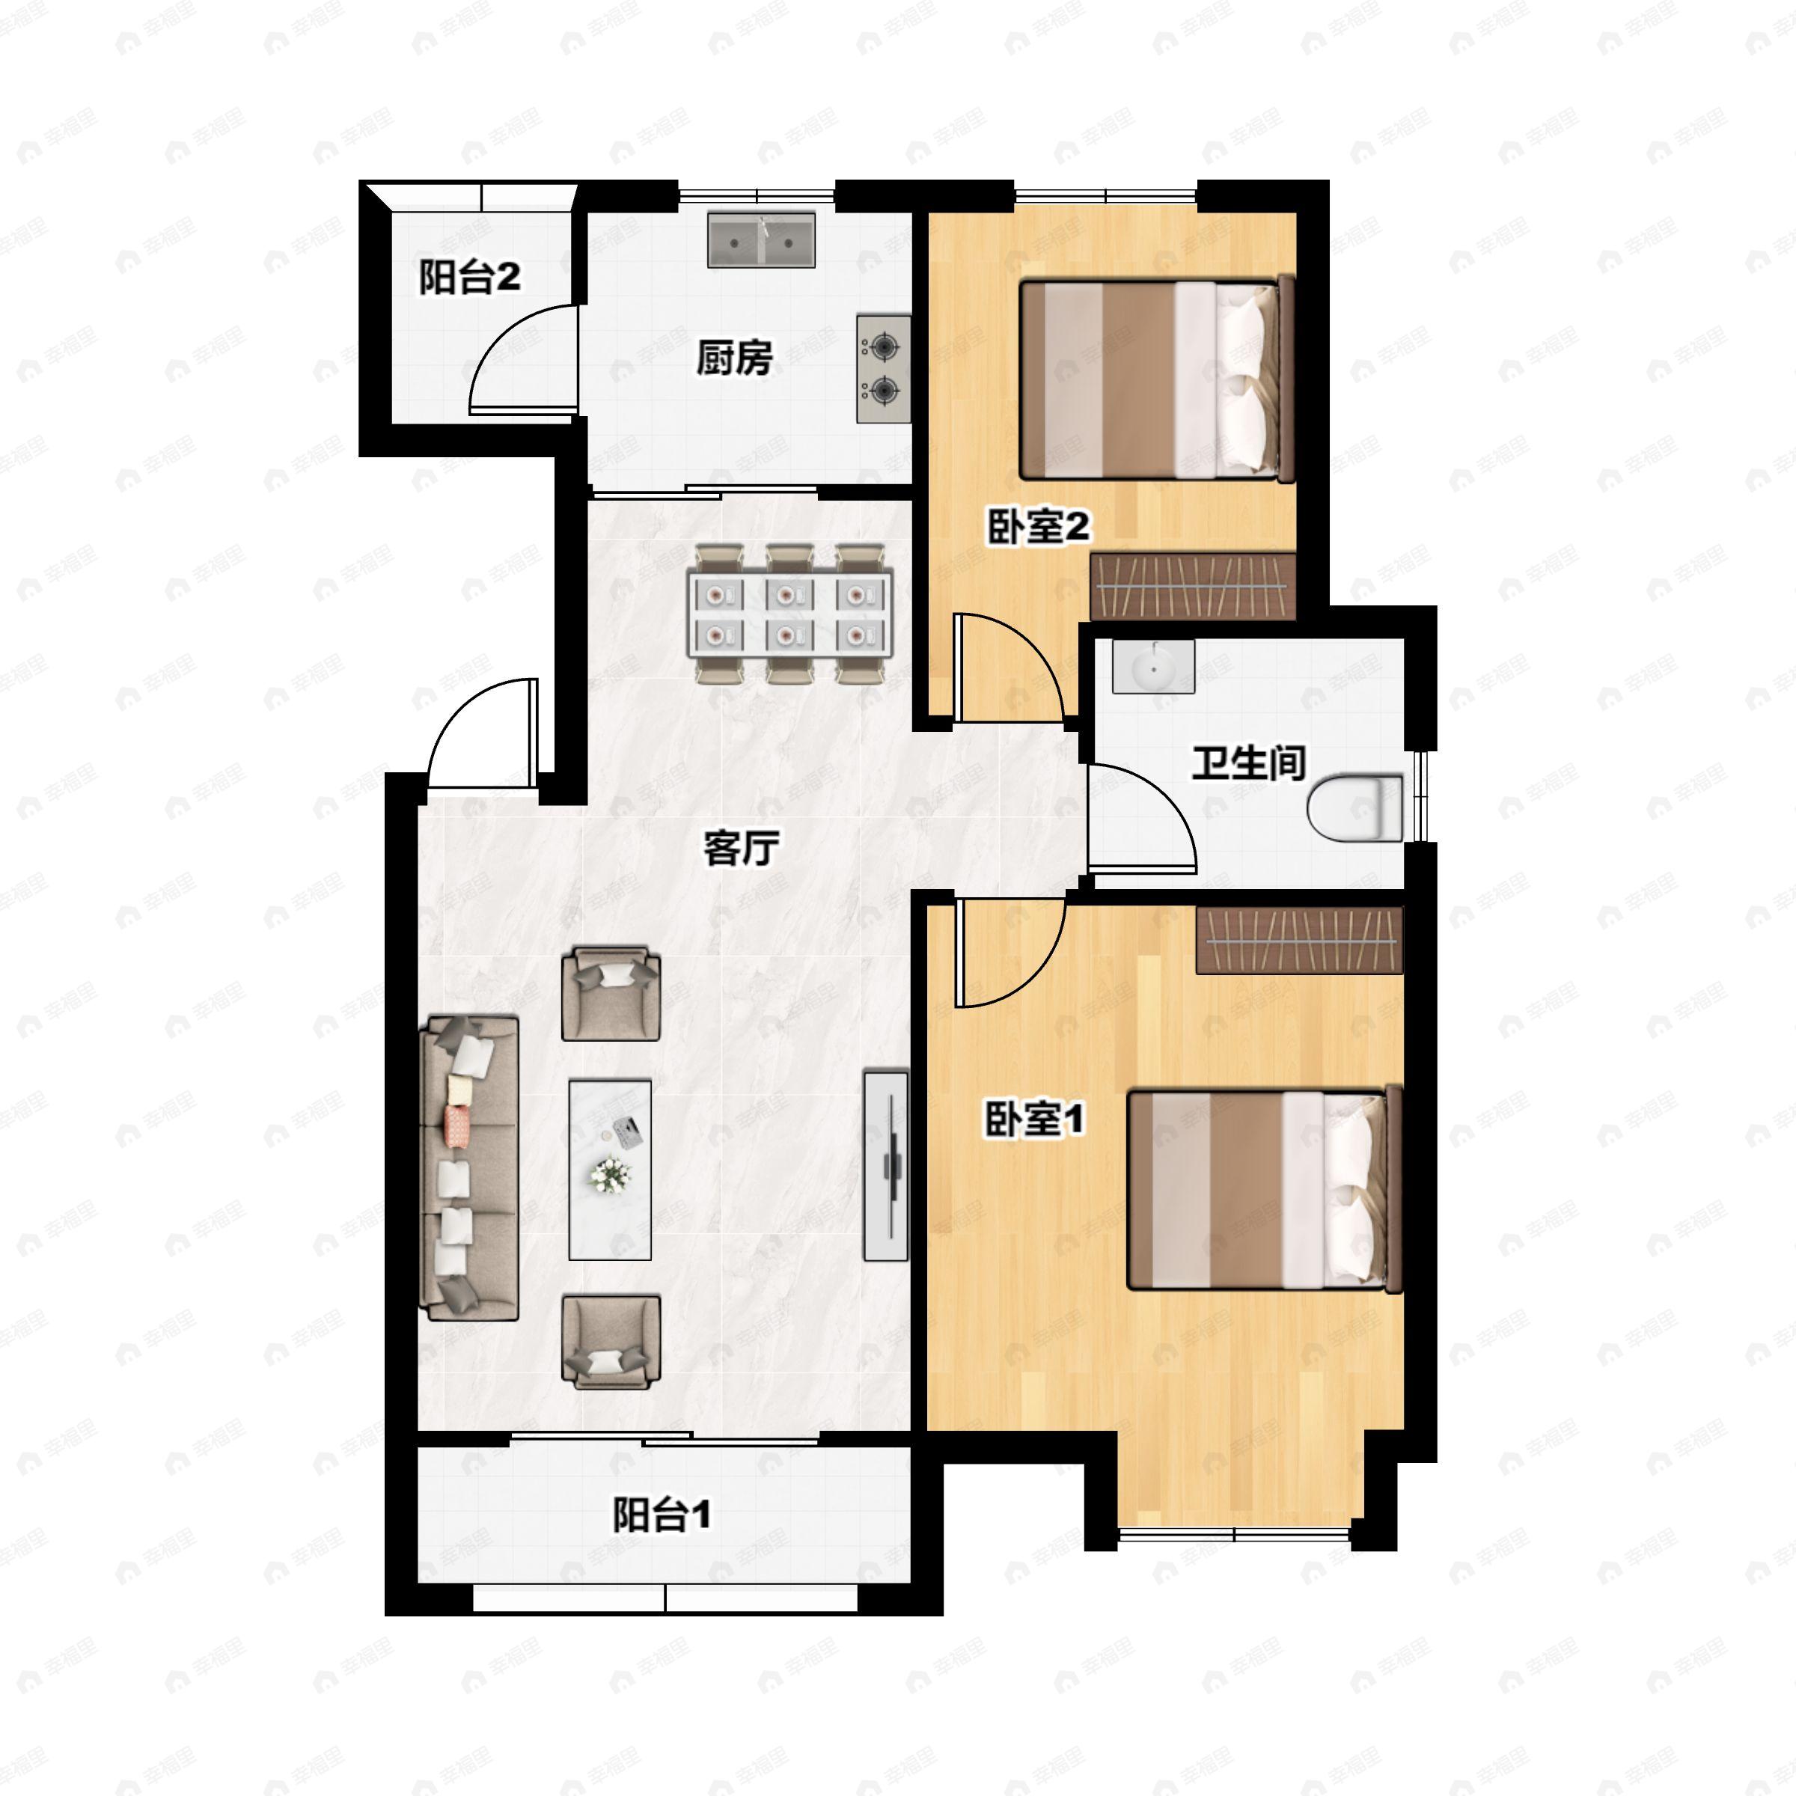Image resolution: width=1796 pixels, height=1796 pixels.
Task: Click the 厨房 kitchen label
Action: (x=734, y=357)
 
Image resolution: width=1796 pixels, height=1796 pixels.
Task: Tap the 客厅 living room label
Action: (x=740, y=847)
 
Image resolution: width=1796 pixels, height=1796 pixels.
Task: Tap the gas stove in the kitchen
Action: (x=883, y=369)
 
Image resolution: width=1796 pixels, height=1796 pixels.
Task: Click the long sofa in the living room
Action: (x=469, y=1167)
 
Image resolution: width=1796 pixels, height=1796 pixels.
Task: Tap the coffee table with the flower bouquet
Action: (x=610, y=1170)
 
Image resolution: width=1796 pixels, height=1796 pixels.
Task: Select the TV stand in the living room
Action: (x=886, y=1167)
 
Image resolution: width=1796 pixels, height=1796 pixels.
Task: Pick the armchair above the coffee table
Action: (x=611, y=993)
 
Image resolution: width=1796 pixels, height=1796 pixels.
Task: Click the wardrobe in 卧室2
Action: (x=1193, y=586)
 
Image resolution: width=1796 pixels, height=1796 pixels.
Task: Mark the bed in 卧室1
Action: (x=1264, y=1190)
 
